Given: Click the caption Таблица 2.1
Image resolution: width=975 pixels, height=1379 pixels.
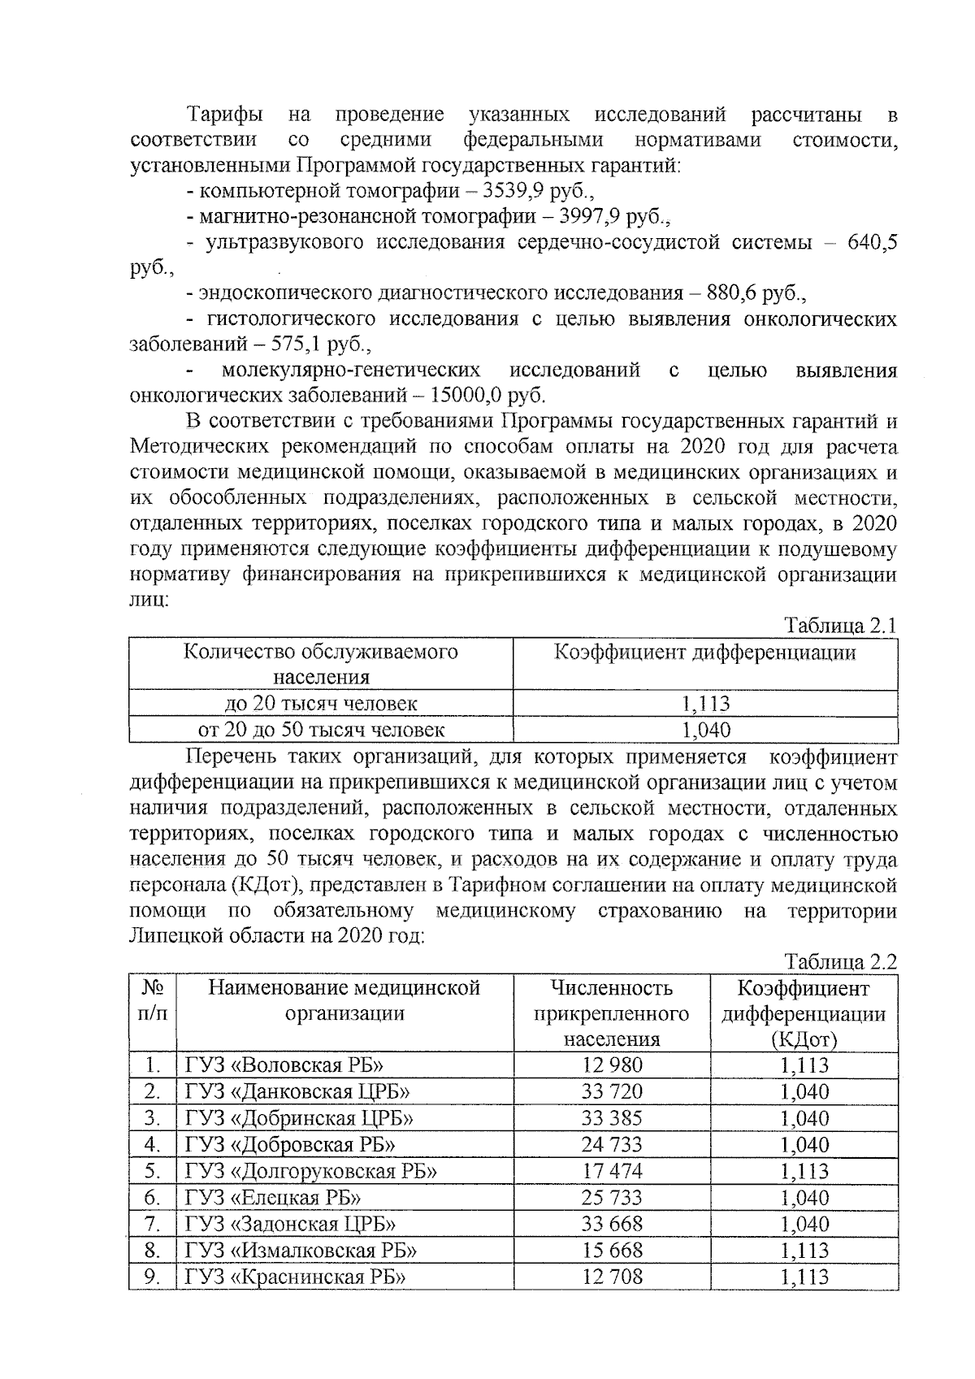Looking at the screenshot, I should [839, 627].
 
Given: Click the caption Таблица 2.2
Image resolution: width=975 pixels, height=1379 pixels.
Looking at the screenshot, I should [839, 962].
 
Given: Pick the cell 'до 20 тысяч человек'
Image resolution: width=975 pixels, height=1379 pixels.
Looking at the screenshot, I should [321, 704].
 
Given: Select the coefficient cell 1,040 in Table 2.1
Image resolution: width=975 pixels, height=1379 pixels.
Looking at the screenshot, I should [705, 730].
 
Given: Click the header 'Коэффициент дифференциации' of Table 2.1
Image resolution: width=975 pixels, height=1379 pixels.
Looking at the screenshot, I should [705, 653].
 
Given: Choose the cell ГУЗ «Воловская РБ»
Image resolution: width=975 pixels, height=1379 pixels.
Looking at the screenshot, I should [284, 1065].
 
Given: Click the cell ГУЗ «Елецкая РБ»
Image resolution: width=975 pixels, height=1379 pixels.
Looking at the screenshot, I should [273, 1198].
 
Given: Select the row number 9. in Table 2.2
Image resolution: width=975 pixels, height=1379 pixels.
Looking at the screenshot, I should [152, 1277].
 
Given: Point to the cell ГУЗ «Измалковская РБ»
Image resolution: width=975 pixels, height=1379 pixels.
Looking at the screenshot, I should [301, 1250].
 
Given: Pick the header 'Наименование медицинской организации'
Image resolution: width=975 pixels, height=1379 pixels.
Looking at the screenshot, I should [344, 1000].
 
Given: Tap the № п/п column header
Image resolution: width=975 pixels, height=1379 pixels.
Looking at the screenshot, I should [153, 1000].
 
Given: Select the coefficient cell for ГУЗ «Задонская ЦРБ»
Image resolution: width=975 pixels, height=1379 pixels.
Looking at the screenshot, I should [804, 1224].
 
